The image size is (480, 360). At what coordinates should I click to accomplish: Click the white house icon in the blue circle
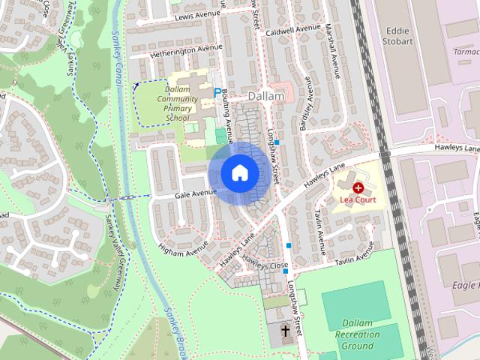tap(239, 173)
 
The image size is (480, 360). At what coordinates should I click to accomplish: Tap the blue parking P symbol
tap(217, 93)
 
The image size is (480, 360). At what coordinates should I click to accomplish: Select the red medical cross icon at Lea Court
tap(358, 187)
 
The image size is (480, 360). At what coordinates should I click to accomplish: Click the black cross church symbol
tap(285, 330)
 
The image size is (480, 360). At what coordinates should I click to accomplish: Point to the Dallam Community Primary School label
tap(181, 103)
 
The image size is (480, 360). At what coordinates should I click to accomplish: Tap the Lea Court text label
tap(358, 200)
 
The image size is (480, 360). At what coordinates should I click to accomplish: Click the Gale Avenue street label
tap(195, 193)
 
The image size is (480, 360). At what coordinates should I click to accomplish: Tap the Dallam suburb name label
tap(266, 97)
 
